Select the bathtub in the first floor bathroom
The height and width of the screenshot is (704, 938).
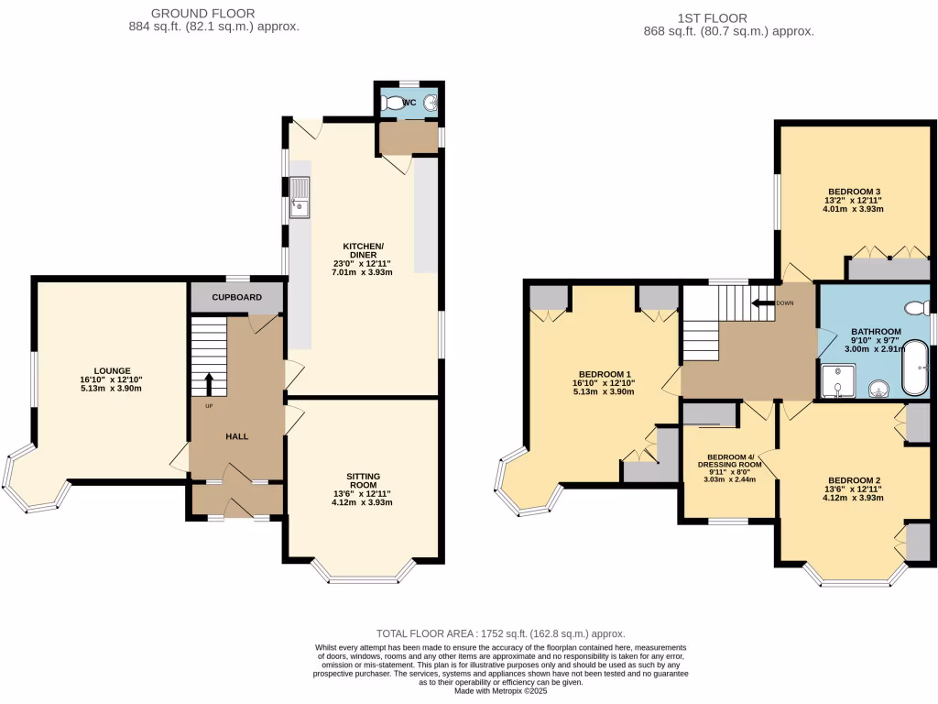tap(915, 368)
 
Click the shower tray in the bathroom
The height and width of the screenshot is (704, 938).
tap(836, 381)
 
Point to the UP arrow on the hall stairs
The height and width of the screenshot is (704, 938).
tap(208, 383)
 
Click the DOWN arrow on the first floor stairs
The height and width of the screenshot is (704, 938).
tap(761, 302)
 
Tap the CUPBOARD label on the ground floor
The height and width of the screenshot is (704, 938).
tap(237, 298)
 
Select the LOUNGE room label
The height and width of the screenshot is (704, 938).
tap(111, 371)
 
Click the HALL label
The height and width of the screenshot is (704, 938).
tap(237, 436)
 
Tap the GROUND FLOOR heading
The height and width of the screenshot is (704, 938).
tap(202, 14)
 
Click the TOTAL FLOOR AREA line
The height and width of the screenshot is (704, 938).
tap(501, 633)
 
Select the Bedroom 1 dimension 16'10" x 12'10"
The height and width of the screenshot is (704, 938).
tap(603, 383)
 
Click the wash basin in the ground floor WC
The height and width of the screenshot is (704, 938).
tap(431, 104)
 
